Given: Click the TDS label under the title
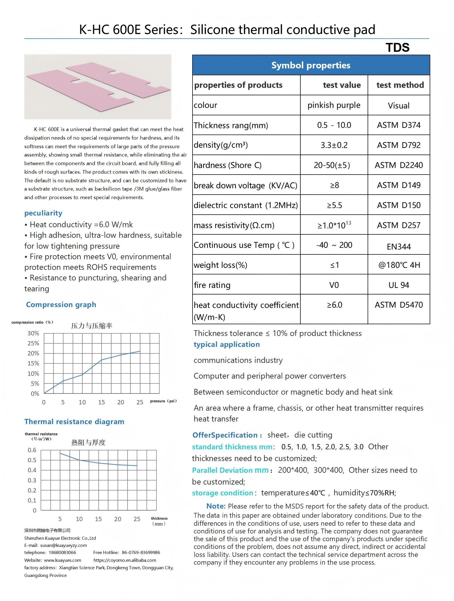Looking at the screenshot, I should pos(397,48).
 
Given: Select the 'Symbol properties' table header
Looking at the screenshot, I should pos(311,65).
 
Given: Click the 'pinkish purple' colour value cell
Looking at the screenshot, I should pos(334,105).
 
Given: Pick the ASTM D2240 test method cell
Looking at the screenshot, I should pos(399,165).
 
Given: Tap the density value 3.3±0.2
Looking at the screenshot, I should pos(334,145).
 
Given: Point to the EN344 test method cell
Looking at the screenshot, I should pos(399,246).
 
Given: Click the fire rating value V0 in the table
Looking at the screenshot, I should pos(334,285).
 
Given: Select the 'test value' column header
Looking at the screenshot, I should pos(342,85).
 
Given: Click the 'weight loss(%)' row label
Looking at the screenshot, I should pos(220,265).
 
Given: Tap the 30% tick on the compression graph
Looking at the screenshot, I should pos(33,333).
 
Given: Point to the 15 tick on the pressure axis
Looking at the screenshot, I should pos(101,402).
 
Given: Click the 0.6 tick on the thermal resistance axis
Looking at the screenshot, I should pos(32,450).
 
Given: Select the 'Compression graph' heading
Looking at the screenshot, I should pos(61,305).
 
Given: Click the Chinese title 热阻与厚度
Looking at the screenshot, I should pos(88,442).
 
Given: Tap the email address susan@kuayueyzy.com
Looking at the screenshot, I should pos(64,545).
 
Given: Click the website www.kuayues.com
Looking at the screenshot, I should pos(62,560).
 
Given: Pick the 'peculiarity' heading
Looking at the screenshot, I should pos(43,213).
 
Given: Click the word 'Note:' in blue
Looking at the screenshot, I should pos(216,506).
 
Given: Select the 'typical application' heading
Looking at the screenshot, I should pos(227,344).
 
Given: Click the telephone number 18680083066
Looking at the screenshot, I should pos(62,553).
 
